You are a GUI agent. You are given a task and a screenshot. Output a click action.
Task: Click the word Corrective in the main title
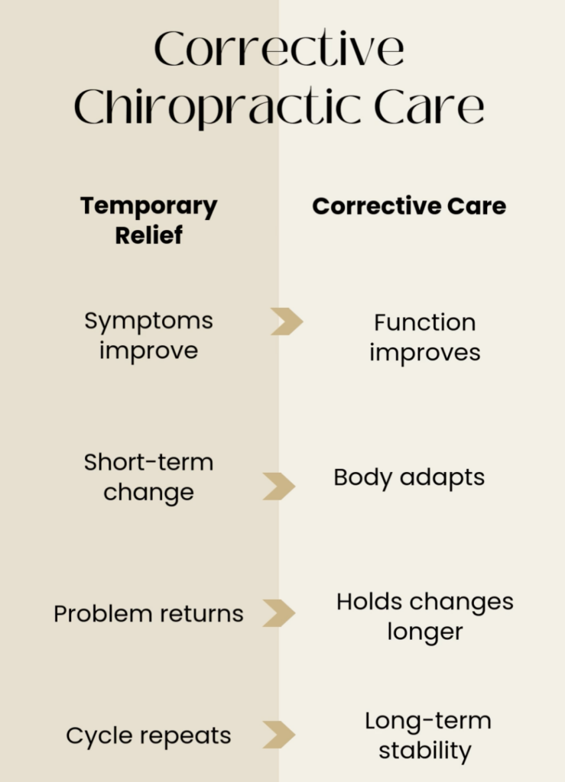279,48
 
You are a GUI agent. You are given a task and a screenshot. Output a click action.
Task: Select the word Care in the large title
429,106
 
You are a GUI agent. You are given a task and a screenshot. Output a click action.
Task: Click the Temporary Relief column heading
149,221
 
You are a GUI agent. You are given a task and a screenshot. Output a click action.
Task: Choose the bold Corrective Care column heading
409,206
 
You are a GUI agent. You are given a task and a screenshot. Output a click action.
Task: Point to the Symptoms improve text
149,336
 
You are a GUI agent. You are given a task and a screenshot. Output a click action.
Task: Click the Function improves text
425,338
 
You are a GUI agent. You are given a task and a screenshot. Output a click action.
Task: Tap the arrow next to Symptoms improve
287,322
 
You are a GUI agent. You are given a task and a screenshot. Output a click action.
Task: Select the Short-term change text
149,477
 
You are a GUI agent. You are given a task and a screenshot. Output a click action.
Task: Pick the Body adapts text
409,478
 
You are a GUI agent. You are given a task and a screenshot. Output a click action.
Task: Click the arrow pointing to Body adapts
279,486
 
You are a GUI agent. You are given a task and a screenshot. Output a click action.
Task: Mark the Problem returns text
149,614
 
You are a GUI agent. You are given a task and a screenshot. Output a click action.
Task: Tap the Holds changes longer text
425,617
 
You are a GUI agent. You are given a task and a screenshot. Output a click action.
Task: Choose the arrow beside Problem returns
279,613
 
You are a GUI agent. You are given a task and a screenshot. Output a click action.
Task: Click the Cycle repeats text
149,736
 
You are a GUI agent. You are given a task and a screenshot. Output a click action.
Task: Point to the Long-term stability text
427,736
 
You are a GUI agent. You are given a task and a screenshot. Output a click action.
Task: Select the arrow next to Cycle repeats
279,735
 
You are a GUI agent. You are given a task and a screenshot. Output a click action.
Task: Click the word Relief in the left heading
149,235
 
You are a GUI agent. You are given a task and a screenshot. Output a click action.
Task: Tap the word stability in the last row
425,751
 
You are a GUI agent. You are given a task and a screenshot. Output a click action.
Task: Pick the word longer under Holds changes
425,632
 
